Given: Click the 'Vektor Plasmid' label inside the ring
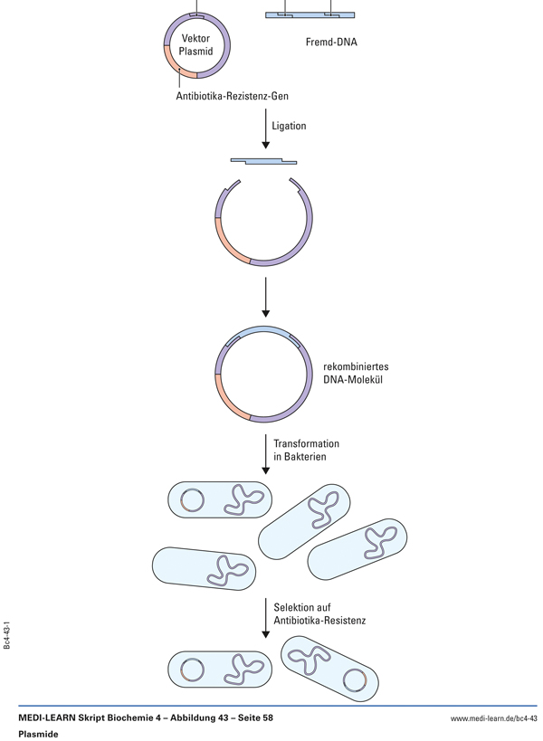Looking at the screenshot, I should point(195,44).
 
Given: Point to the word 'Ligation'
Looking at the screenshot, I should point(289,126).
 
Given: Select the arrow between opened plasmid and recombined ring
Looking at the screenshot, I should point(265,298).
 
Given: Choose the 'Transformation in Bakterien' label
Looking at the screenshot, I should point(306,451).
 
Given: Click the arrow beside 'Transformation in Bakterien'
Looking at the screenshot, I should point(265,453).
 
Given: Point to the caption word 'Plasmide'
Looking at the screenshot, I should point(38,734).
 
